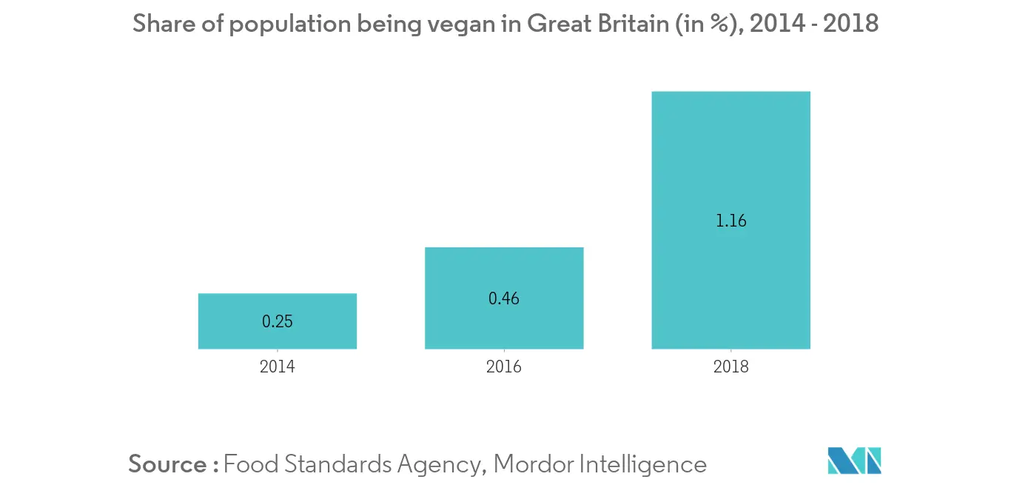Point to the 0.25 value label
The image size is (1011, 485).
278,322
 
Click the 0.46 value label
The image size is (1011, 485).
504,299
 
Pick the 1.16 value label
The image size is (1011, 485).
731,221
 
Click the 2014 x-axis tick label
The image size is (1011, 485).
278,367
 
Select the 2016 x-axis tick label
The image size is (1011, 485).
504,367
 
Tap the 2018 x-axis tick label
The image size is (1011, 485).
731,367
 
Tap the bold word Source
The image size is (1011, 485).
168,464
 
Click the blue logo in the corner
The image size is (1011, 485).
855,461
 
